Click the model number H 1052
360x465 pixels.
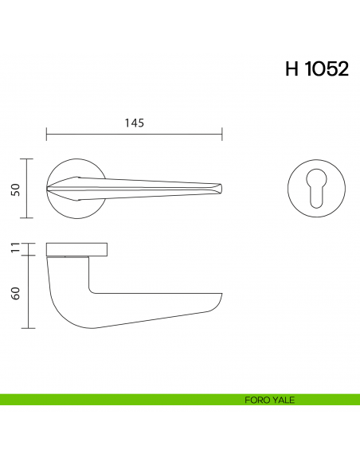pos(316,69)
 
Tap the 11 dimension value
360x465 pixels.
pos(15,249)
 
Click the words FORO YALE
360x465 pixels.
pos(270,400)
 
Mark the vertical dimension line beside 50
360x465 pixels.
pos(29,189)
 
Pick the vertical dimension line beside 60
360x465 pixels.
pos(29,292)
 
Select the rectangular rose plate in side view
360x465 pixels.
pos(77,249)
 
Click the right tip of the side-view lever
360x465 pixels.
pos(220,298)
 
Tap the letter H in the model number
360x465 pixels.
pos(292,69)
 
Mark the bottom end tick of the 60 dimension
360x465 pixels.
pos(29,327)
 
